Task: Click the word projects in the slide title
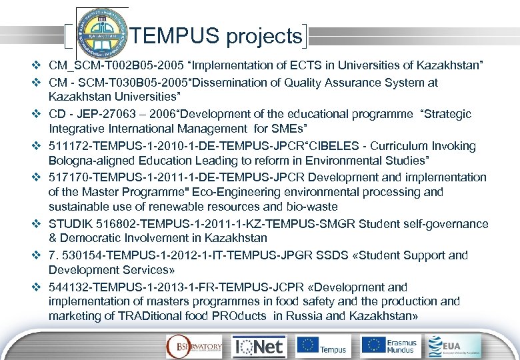pyautogui.click(x=264, y=37)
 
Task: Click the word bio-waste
pyautogui.click(x=311, y=207)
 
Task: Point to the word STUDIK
pyautogui.click(x=71, y=224)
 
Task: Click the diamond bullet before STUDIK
pyautogui.click(x=37, y=224)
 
